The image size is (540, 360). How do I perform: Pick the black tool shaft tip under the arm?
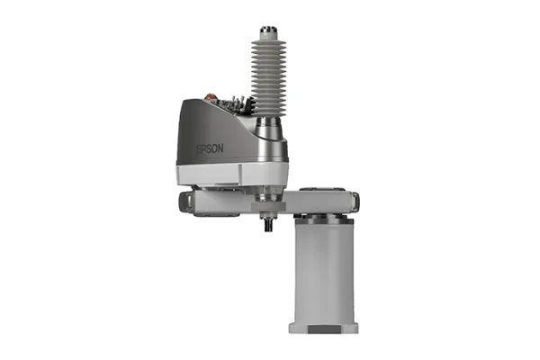(267, 225)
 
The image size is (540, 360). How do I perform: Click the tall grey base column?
(324, 270)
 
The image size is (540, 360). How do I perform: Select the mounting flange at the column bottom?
(324, 325)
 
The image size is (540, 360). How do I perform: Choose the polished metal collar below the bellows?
(269, 135)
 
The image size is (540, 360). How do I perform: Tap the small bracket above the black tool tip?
(267, 212)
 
